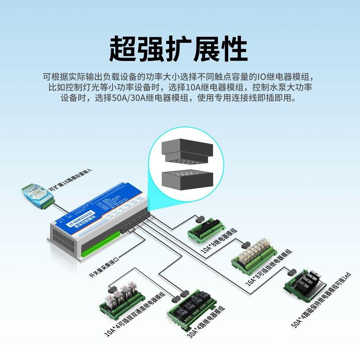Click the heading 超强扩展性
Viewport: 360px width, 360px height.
click(179, 49)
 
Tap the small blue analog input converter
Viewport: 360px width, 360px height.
click(36, 195)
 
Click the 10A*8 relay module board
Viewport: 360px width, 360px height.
click(207, 229)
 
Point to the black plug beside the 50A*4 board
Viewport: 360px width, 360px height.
click(292, 272)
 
